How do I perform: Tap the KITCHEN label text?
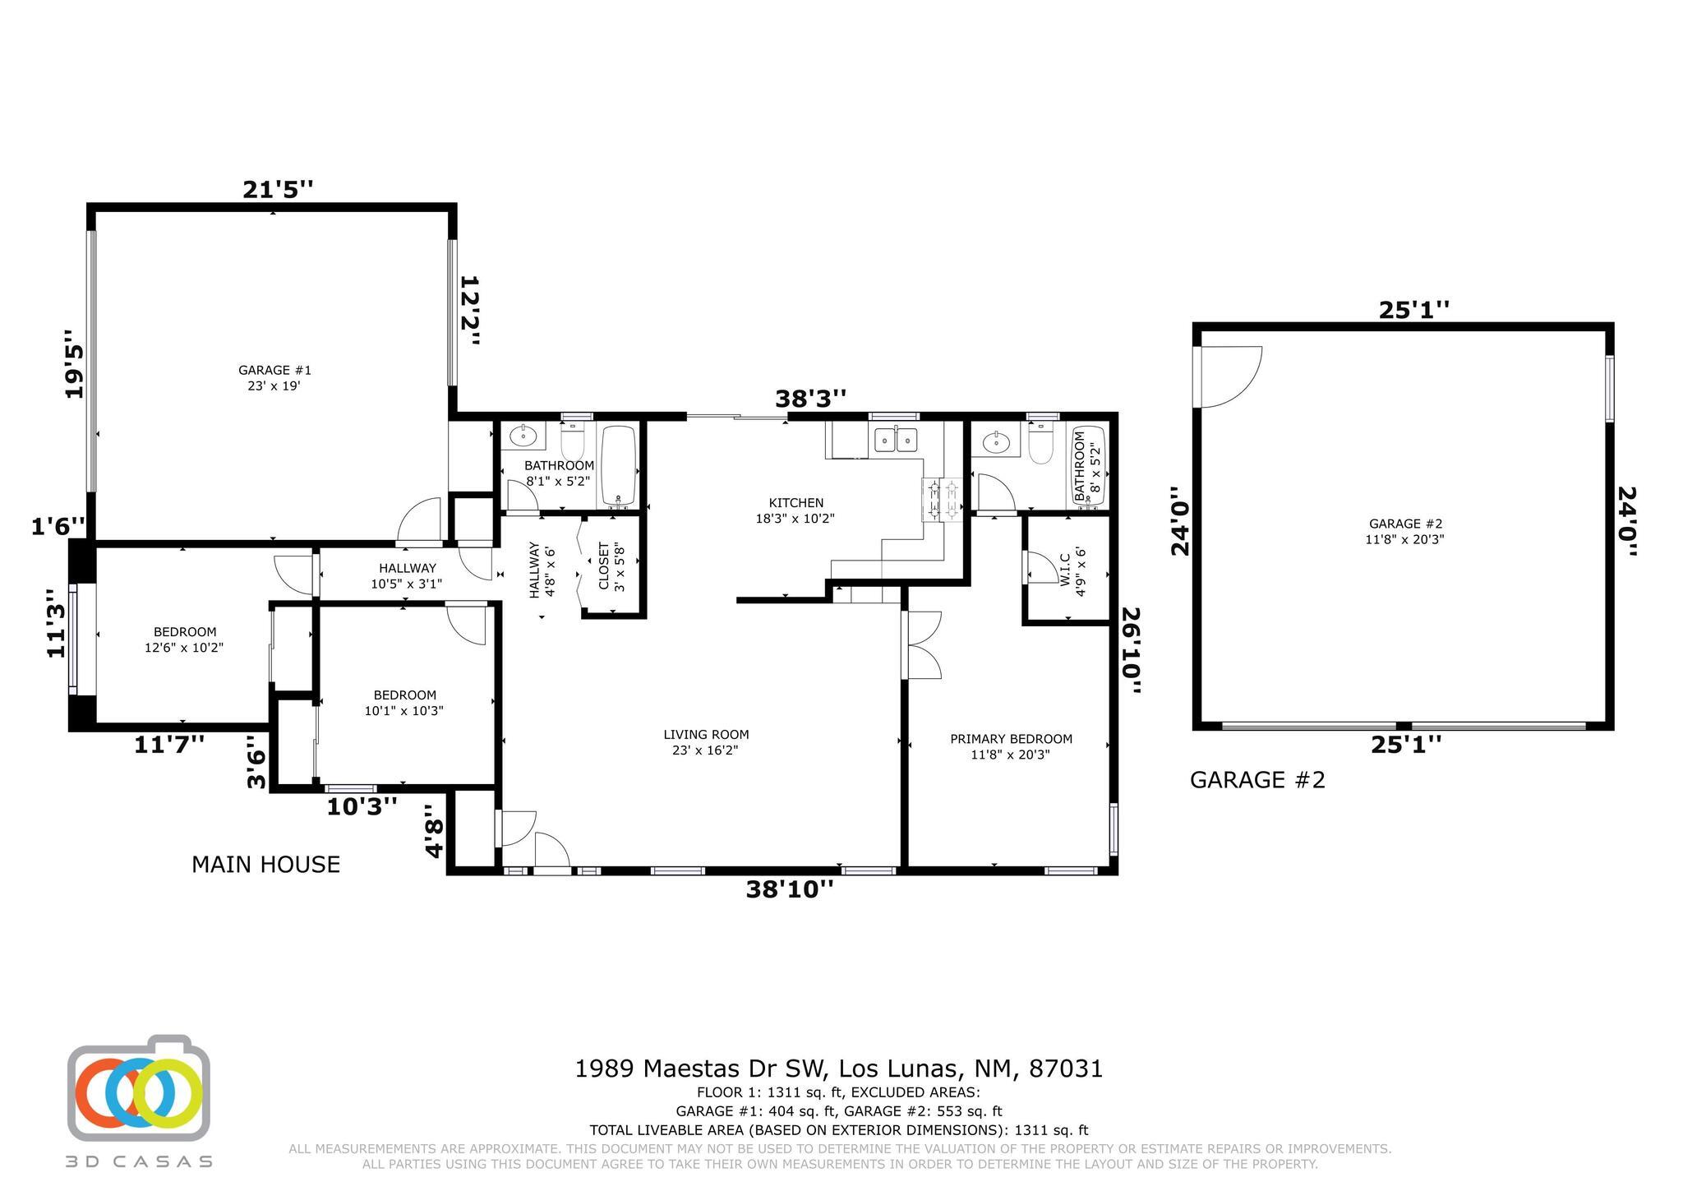coord(795,510)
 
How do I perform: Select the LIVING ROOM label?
coord(706,742)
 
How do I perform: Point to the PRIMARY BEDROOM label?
coord(1011,746)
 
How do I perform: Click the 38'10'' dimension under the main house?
coord(790,889)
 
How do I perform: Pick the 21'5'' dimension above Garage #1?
coord(278,190)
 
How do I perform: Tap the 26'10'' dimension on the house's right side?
coord(1132,651)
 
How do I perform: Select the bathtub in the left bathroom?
coord(619,465)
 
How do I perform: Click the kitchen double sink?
coord(895,440)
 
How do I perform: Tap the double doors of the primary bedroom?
coord(923,645)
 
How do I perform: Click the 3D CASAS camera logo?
coord(138,1091)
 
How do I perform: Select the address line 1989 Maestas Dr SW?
coord(838,1069)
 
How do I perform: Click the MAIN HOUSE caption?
coord(265,865)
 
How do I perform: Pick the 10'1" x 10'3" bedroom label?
coord(403,703)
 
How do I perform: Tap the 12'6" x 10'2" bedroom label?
coord(185,639)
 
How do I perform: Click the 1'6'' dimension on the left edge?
coord(58,526)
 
